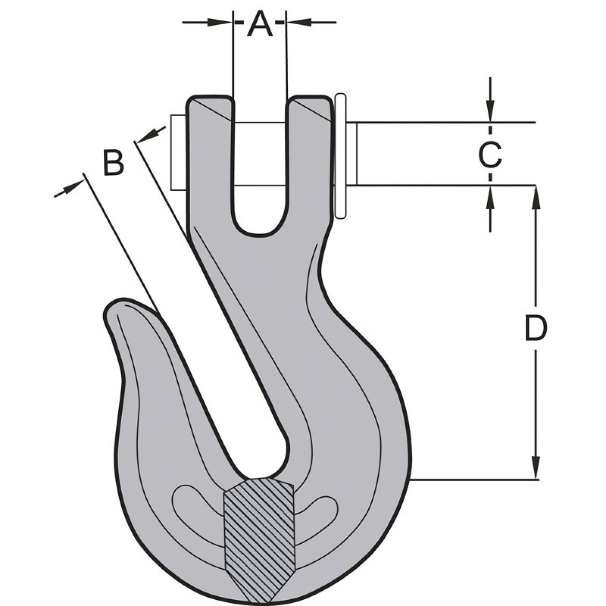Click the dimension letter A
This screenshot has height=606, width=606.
click(x=260, y=24)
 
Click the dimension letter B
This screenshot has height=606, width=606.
click(x=113, y=163)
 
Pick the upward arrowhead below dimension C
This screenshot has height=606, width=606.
click(x=491, y=196)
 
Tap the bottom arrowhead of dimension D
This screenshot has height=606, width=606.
click(x=536, y=468)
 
